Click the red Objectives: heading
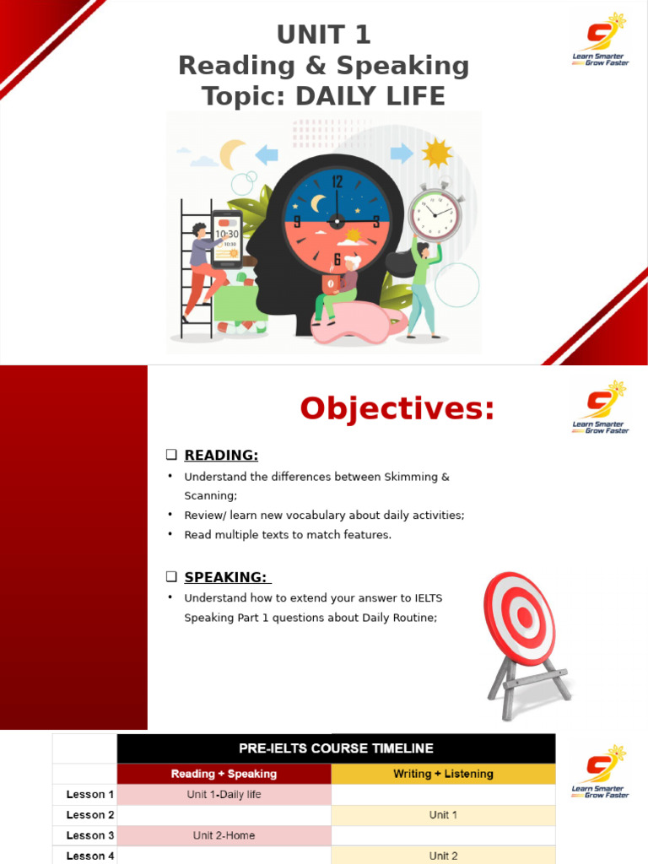[x=397, y=409]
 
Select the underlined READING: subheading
[x=221, y=456]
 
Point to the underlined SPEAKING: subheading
[x=225, y=577]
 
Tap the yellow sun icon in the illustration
[x=437, y=153]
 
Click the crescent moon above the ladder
[x=232, y=154]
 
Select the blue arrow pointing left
[x=267, y=154]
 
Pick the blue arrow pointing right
[x=402, y=153]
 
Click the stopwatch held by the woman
[x=435, y=214]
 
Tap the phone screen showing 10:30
[x=226, y=239]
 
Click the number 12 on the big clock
[x=337, y=181]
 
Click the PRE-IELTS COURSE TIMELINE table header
[x=336, y=748]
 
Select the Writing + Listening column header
[x=443, y=774]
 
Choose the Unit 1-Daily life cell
[x=224, y=795]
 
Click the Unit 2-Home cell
[x=224, y=836]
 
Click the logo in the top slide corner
[x=601, y=40]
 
